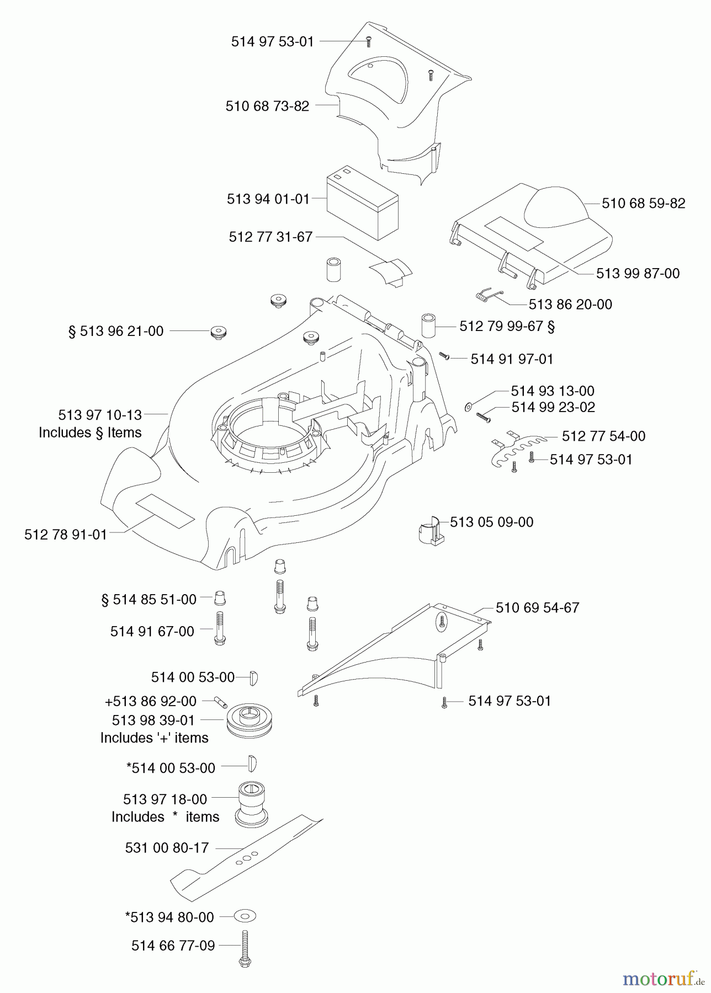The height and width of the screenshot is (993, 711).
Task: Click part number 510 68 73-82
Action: pos(267,106)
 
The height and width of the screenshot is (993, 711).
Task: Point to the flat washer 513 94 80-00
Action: pos(245,916)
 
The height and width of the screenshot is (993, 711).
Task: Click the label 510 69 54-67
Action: pos(537,608)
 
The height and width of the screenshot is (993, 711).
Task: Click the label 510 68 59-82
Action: pos(643,203)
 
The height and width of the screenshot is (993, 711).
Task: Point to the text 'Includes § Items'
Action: pos(90,433)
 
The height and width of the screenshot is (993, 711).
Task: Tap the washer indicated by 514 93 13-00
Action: pos(469,407)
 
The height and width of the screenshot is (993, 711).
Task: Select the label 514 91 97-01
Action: pos(511,359)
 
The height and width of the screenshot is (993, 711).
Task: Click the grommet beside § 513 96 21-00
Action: pos(219,333)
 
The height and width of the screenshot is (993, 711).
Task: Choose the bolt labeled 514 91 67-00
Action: pos(219,629)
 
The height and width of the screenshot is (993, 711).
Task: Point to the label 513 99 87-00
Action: pos(638,274)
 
